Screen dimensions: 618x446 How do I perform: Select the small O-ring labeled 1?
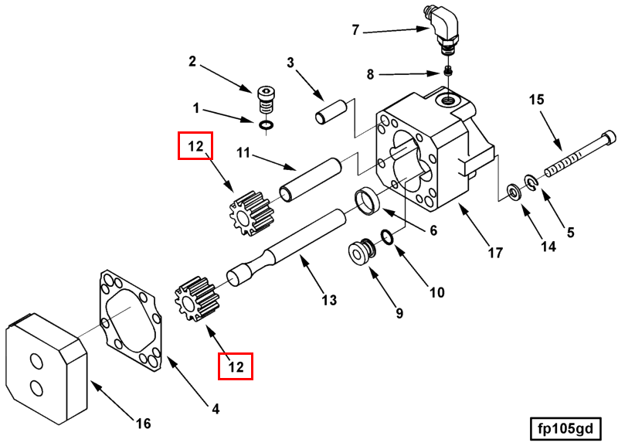pos(267,125)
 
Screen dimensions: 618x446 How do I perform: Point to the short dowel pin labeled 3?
pos(331,112)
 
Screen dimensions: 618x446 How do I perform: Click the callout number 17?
pos(495,253)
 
